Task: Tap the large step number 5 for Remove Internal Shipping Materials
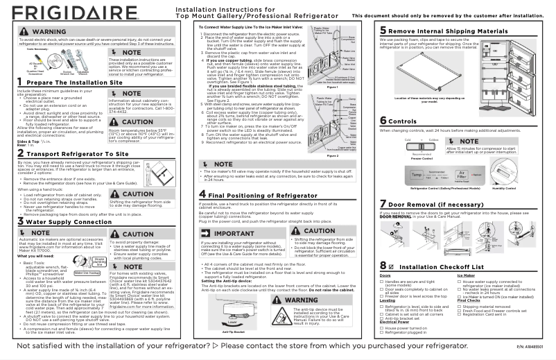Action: tap(383, 31)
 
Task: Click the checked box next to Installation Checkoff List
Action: tap(392, 266)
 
